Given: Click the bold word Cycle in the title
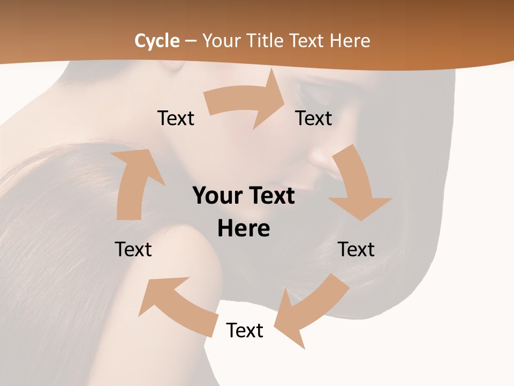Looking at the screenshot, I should (x=157, y=41).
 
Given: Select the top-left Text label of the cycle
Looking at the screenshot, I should (x=176, y=118).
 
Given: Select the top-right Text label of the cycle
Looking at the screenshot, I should (x=314, y=118).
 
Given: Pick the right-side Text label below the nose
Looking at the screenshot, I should (x=356, y=249).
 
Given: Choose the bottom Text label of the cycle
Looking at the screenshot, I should (x=245, y=330).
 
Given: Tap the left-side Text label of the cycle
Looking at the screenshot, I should (x=133, y=249).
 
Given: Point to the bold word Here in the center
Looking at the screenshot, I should (x=244, y=229).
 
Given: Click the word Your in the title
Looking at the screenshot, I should (x=220, y=41).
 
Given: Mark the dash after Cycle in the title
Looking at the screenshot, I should (x=191, y=41).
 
